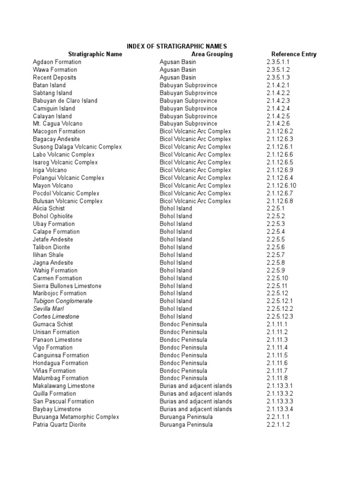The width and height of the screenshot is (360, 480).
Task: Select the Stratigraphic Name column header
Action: point(95,54)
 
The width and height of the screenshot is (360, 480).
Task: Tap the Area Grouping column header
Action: point(212,54)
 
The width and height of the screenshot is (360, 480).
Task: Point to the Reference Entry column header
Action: point(293,54)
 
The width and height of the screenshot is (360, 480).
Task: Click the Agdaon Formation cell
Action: point(57,62)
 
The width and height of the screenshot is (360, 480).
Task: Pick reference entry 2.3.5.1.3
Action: point(278,77)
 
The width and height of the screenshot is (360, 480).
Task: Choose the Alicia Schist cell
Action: point(49,209)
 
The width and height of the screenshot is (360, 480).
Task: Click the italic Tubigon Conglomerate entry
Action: point(62,301)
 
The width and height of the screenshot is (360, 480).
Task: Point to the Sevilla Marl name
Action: point(48,309)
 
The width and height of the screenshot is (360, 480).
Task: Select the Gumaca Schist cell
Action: point(52,324)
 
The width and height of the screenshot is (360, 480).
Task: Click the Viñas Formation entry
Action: point(54,371)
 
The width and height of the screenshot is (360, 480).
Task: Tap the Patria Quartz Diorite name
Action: point(59,425)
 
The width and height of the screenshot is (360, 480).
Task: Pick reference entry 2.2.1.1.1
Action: point(278,417)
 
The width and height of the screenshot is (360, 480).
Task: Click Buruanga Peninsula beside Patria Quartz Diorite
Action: point(186,425)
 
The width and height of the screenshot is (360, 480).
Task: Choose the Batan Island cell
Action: point(49,85)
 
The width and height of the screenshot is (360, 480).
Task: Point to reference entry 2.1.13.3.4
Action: point(280,409)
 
